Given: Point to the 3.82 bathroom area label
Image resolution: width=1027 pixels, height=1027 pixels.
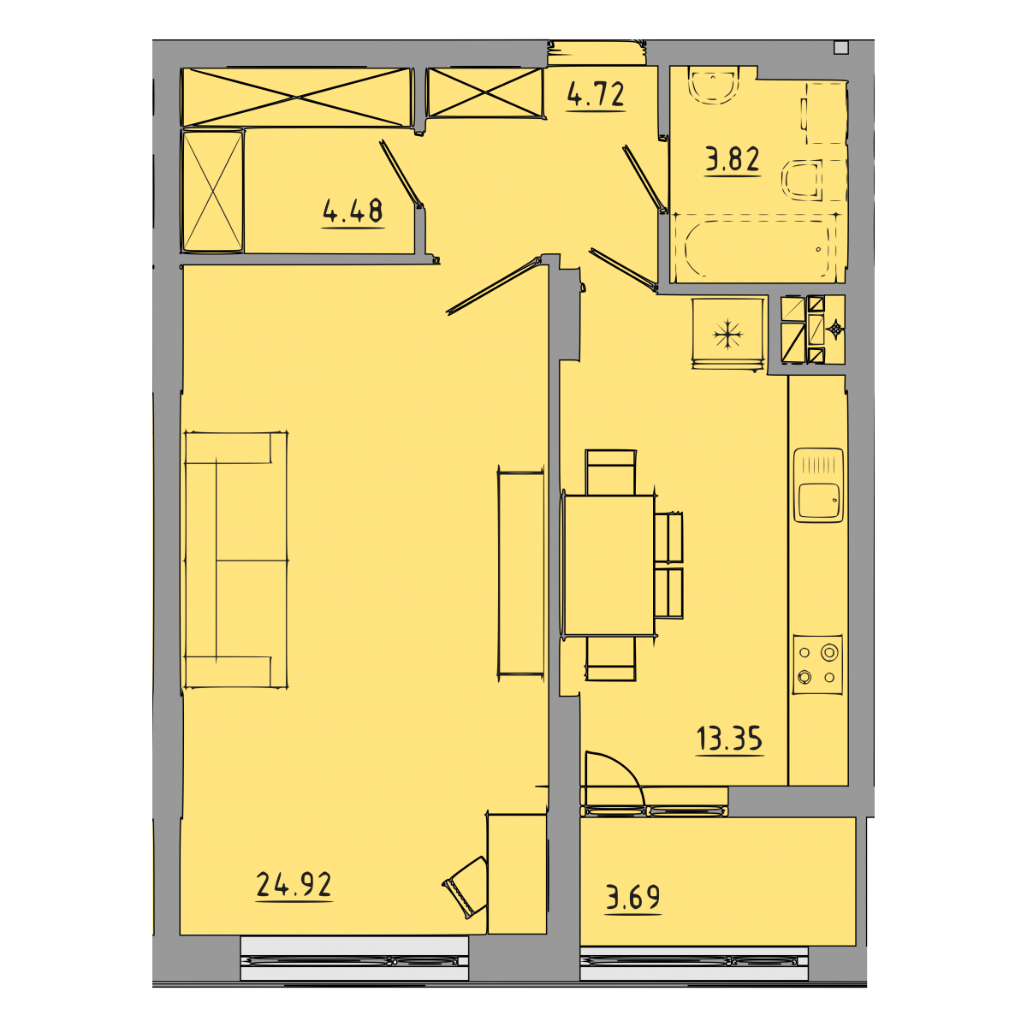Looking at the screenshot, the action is click(x=733, y=159).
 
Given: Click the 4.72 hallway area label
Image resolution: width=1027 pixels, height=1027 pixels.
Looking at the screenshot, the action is click(x=596, y=95).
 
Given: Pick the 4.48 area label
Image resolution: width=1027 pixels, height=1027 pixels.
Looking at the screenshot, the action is click(x=353, y=211).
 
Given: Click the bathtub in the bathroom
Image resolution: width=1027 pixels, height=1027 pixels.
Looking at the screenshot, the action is click(x=756, y=248).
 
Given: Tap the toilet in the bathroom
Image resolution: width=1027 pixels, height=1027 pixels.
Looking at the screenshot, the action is click(x=802, y=180).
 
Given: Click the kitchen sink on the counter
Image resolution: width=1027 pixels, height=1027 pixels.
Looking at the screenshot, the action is click(x=818, y=485).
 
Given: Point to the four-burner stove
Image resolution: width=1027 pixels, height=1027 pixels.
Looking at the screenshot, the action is click(x=817, y=664).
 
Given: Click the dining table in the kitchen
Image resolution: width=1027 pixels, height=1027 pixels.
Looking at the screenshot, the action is click(x=608, y=566).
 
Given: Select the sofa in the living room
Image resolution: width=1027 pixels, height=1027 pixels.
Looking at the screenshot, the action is click(x=236, y=560).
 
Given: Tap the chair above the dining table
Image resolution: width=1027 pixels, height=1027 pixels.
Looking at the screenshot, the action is click(x=610, y=472).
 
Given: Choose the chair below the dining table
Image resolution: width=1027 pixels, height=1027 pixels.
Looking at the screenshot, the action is click(x=611, y=659).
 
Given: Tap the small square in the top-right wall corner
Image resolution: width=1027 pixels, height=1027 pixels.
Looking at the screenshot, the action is click(x=841, y=48).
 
